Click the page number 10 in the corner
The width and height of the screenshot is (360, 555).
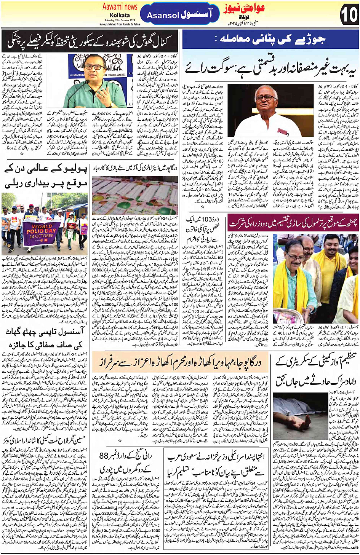pyautogui.click(x=348, y=15)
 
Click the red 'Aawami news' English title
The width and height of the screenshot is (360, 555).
pyautogui.click(x=120, y=7)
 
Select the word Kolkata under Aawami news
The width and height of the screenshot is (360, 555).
pyautogui.click(x=120, y=15)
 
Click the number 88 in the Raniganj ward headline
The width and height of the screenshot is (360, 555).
pyautogui.click(x=104, y=456)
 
